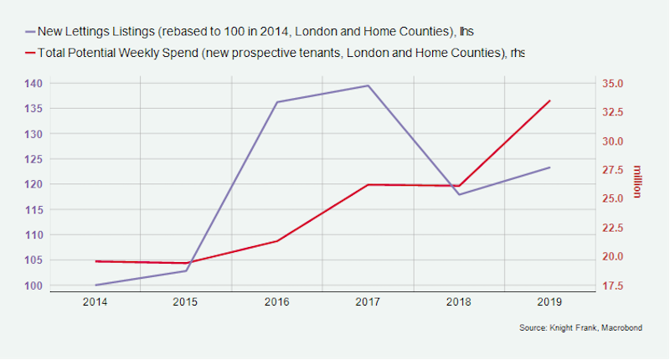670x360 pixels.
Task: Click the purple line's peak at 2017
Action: tap(368, 85)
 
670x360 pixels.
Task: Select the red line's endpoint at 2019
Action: tap(550, 100)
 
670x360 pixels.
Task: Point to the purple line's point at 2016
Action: tap(277, 102)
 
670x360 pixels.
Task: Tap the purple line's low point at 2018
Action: tap(459, 194)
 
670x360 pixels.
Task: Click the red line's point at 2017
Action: tap(368, 184)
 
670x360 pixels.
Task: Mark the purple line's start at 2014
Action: tap(96, 285)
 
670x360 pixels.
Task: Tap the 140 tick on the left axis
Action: tap(34, 84)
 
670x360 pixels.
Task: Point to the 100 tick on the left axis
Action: tap(34, 285)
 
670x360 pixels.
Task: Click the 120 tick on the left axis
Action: tap(34, 184)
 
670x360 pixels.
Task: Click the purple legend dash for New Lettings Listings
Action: tap(31, 32)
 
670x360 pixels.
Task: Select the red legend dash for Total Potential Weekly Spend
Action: tap(31, 53)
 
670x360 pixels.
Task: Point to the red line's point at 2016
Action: tap(277, 241)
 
